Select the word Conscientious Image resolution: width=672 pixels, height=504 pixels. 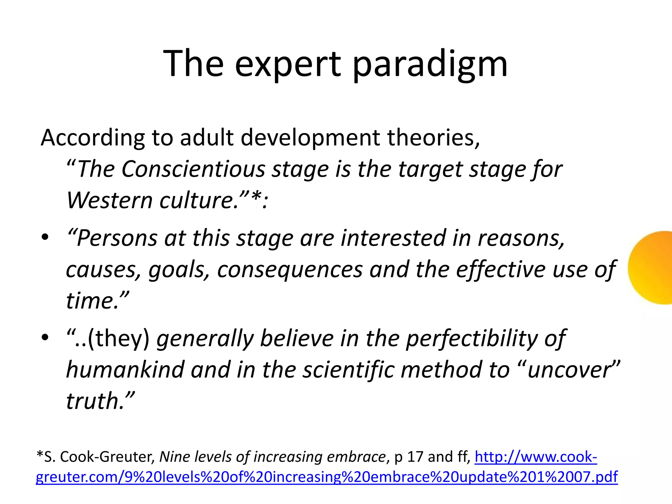click(x=193, y=170)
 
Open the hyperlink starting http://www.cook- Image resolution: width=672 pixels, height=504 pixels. click(x=535, y=457)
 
